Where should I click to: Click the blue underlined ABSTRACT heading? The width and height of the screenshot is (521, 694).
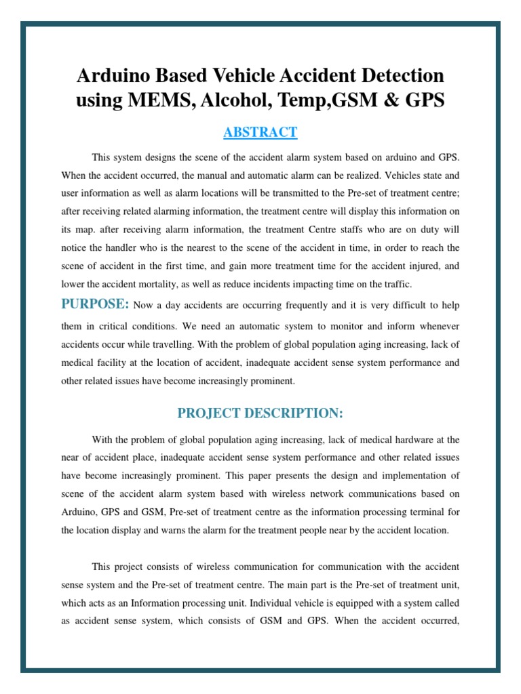click(260, 132)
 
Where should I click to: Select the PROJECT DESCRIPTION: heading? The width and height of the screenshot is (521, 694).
click(260, 413)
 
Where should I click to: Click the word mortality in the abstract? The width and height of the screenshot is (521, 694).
click(164, 283)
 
